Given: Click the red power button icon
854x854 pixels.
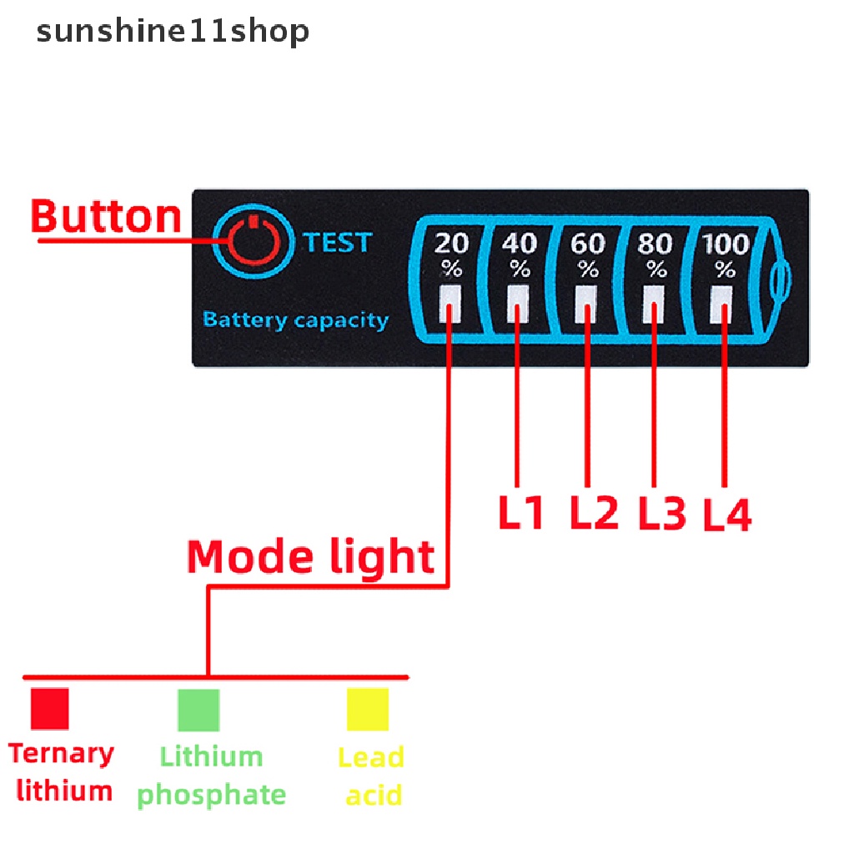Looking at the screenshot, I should (254, 243).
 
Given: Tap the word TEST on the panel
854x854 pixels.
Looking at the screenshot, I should (337, 243).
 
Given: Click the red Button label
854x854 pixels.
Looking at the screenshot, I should (106, 217).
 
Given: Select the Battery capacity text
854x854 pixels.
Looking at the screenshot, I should (295, 319).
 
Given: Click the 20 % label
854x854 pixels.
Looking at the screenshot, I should (451, 255).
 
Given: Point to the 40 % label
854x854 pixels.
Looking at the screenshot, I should (520, 255).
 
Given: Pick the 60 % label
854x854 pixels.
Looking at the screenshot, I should (588, 255).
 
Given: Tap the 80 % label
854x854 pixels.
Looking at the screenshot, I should (656, 255).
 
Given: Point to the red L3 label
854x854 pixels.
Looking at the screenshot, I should (662, 514).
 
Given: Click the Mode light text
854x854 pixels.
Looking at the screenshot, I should (310, 556).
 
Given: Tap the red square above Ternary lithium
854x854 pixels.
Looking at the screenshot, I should (49, 709).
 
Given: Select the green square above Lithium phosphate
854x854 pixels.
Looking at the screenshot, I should (198, 710).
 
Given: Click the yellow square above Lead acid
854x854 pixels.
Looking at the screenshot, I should (368, 710).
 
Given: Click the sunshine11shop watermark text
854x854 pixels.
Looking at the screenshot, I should (173, 32).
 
